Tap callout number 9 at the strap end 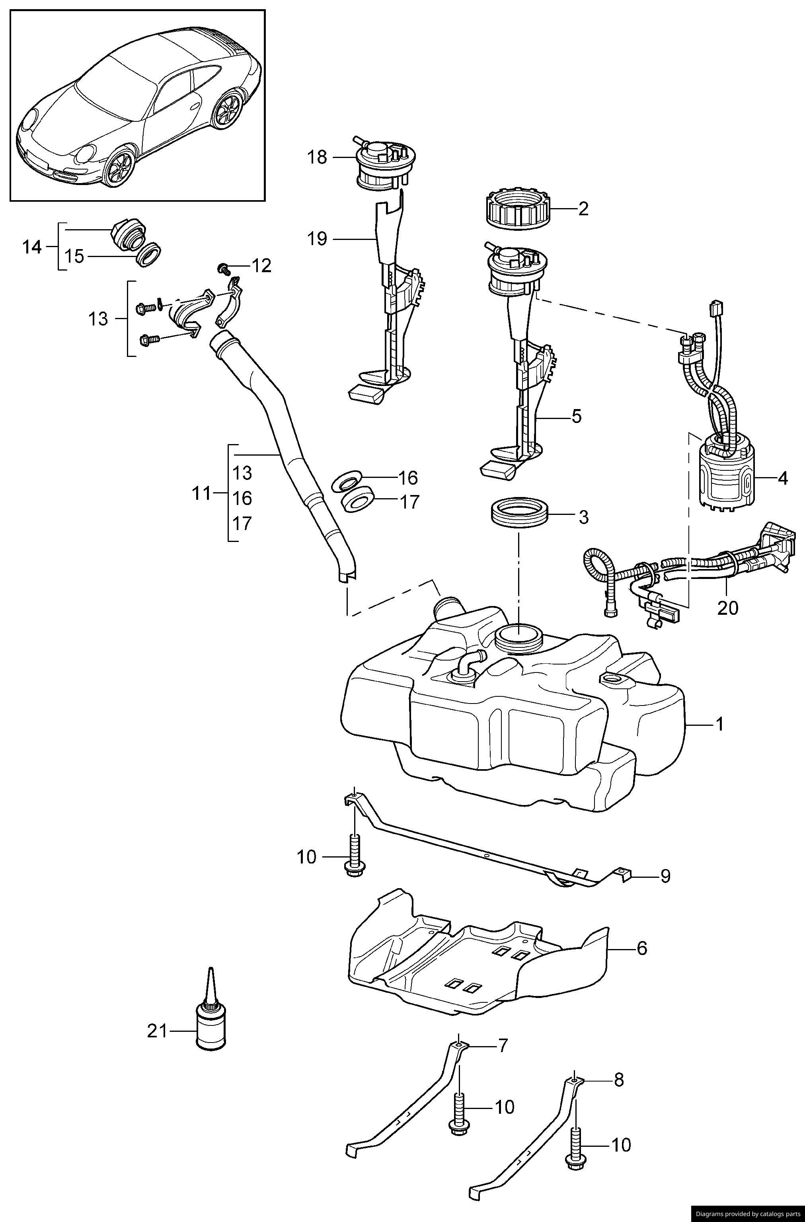pos(665,875)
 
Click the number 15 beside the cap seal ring pos(75,256)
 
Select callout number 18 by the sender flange pos(317,157)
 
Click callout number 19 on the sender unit pos(317,239)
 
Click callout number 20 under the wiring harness pos(728,608)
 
